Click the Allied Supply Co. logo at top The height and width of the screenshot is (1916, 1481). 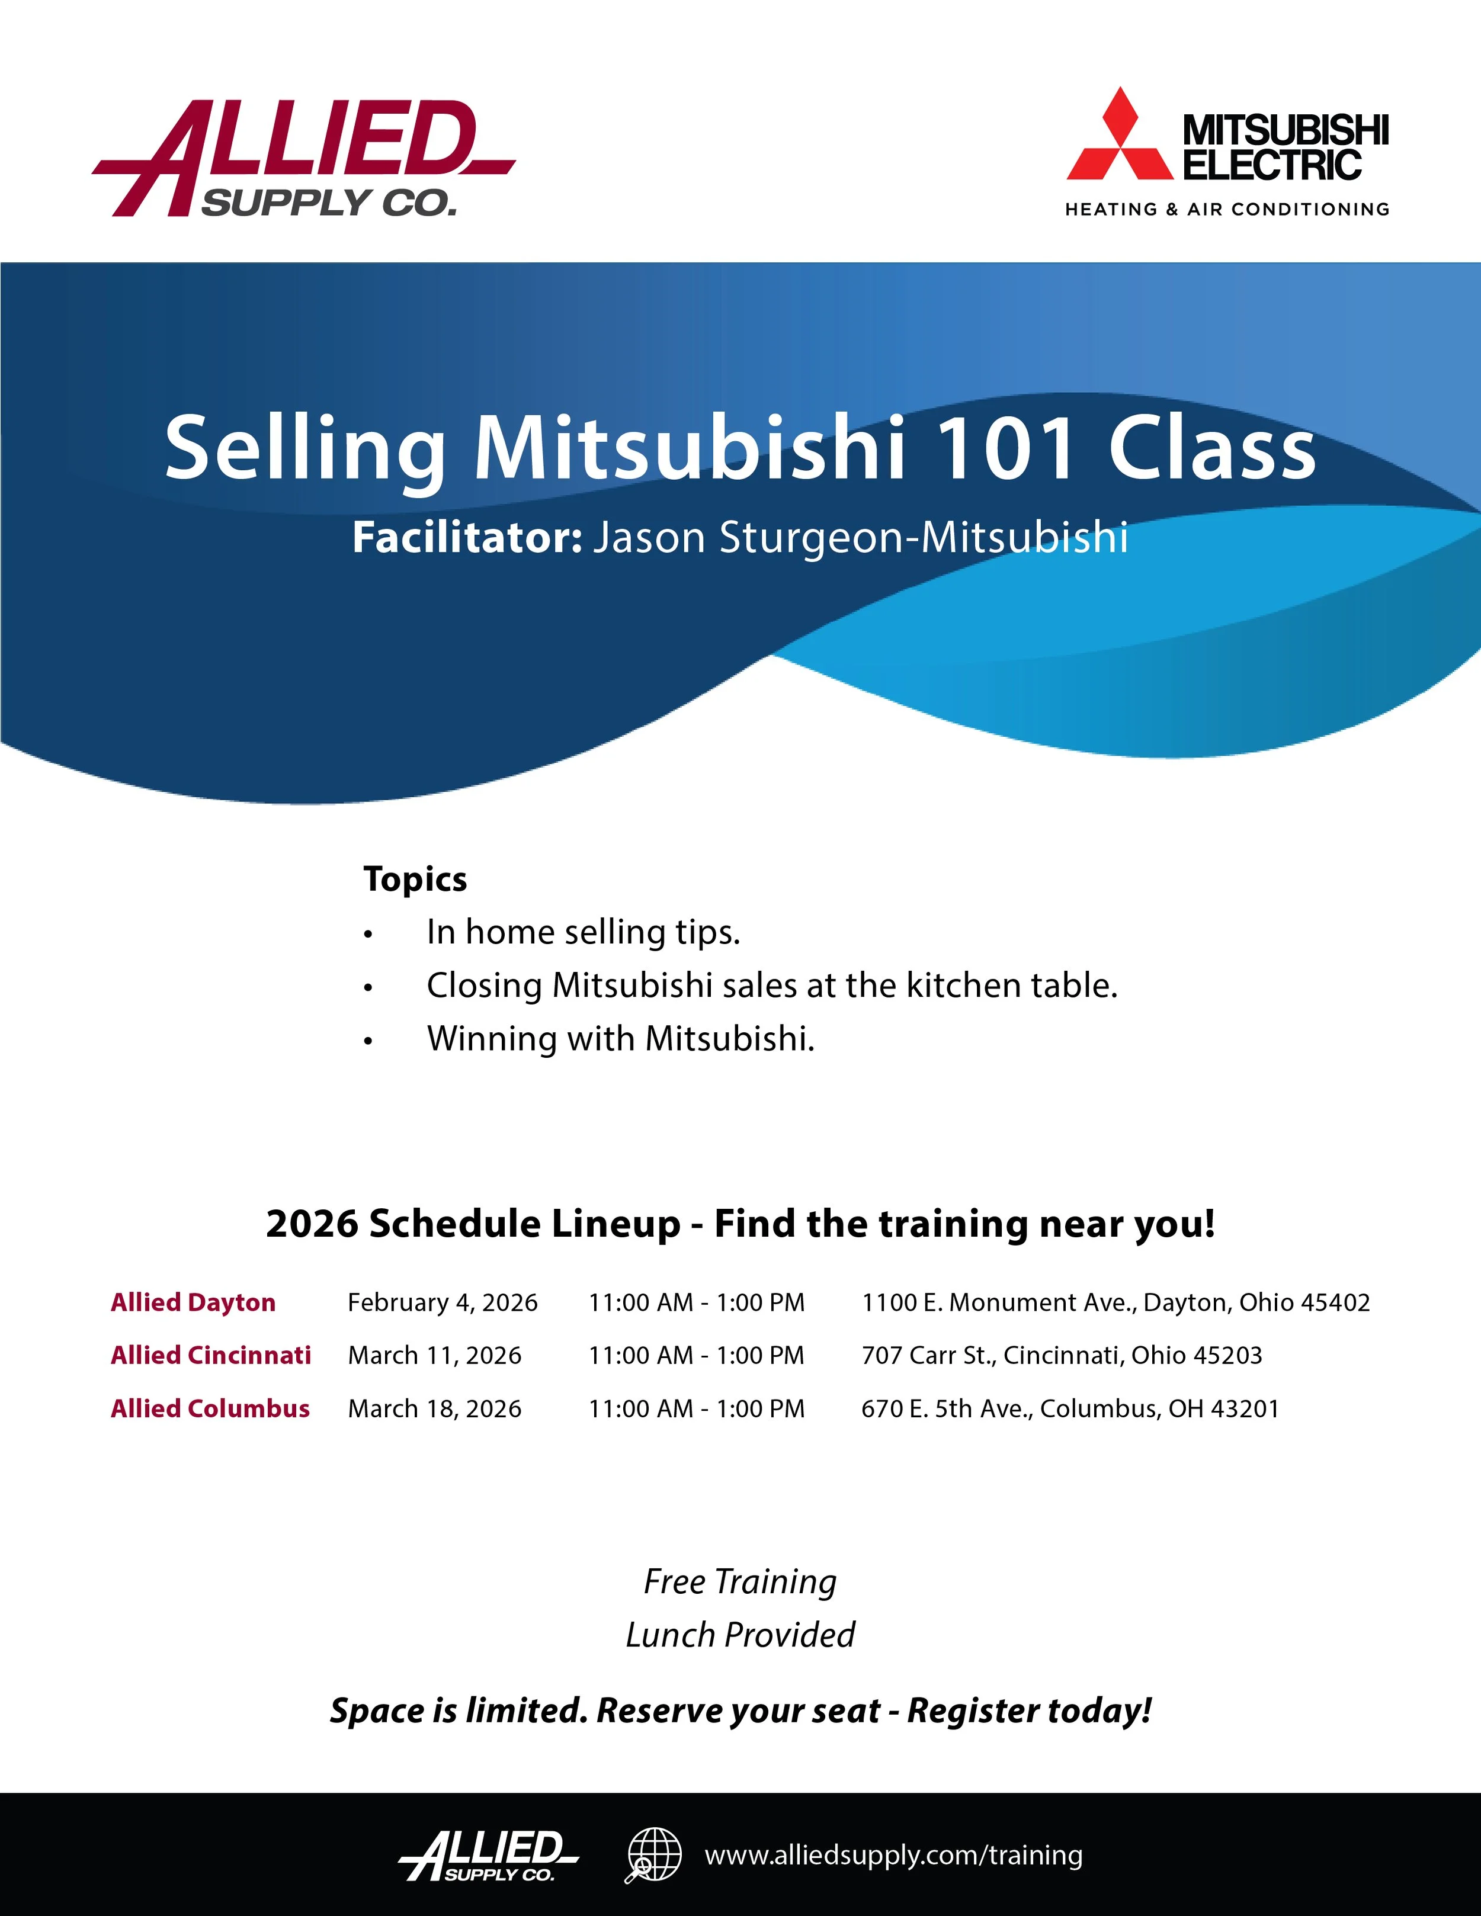pos(303,158)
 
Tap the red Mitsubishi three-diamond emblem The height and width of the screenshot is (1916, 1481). pos(1120,137)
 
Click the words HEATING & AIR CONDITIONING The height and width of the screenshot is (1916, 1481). pos(1226,210)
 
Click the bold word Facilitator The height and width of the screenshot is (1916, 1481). pos(467,538)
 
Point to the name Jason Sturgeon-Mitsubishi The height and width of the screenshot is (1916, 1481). pos(860,538)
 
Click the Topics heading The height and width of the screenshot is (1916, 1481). pos(415,879)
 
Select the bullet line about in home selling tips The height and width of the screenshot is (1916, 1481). pos(584,932)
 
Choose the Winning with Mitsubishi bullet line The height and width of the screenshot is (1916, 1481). pos(620,1039)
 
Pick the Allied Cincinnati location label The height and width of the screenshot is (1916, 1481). pos(210,1355)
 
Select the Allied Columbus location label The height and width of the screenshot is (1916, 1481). pos(210,1409)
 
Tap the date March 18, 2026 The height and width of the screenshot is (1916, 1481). pos(434,1409)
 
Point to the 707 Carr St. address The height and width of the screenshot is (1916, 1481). pos(1062,1355)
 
